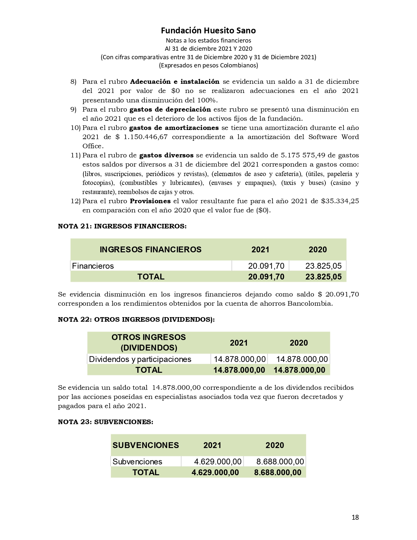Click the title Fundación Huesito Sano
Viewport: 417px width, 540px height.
[x=208, y=30]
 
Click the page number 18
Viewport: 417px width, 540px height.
[x=355, y=517]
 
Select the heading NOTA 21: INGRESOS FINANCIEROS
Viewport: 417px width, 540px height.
[x=122, y=226]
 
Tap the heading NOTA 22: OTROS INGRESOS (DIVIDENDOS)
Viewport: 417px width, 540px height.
[x=136, y=319]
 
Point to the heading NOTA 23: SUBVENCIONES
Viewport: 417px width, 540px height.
[x=105, y=422]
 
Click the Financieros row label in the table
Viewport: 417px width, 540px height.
[x=93, y=266]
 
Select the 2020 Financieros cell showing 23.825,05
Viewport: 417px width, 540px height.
[x=323, y=266]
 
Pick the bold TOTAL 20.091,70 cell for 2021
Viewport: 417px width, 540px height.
[x=266, y=277]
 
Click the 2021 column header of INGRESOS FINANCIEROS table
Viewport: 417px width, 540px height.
[x=260, y=249]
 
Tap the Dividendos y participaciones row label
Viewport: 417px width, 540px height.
[x=140, y=359]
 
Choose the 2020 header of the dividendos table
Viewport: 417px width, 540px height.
[x=299, y=343]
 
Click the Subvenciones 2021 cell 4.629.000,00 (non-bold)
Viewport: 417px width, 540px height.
[x=217, y=461]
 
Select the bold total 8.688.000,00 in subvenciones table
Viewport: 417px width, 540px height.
[x=277, y=472]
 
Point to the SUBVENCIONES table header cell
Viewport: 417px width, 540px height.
[x=146, y=445]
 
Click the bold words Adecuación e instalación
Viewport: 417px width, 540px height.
[x=175, y=81]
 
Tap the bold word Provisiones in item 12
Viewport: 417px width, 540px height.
[x=150, y=201]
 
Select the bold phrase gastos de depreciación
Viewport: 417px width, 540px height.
[x=170, y=109]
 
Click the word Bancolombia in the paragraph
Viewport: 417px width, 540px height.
[x=309, y=303]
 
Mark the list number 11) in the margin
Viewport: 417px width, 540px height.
[x=76, y=155]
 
